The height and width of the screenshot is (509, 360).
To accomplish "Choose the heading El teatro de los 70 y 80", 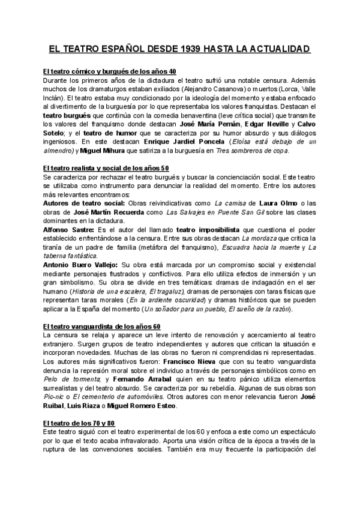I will (79, 423).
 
